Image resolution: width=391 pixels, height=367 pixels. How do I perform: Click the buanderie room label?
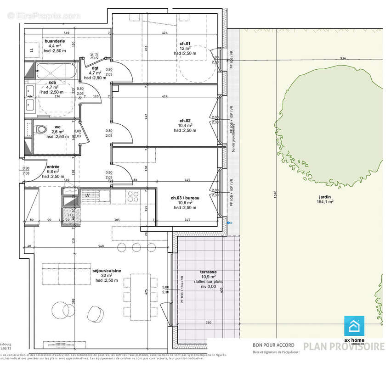point(54,41)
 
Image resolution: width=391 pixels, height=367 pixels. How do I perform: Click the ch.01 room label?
point(185,43)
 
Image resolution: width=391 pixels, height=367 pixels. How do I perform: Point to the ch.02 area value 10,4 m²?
point(186,125)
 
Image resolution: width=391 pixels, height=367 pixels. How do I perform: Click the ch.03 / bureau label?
point(185,198)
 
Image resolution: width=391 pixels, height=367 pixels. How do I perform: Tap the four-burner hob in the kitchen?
point(133,196)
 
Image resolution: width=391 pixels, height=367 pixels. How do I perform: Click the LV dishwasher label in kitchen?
point(87,195)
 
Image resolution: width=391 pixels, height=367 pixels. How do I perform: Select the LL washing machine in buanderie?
point(32,50)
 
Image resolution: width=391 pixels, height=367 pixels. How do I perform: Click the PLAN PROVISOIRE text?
point(344,346)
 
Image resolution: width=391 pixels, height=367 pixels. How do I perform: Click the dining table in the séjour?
point(139,297)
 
